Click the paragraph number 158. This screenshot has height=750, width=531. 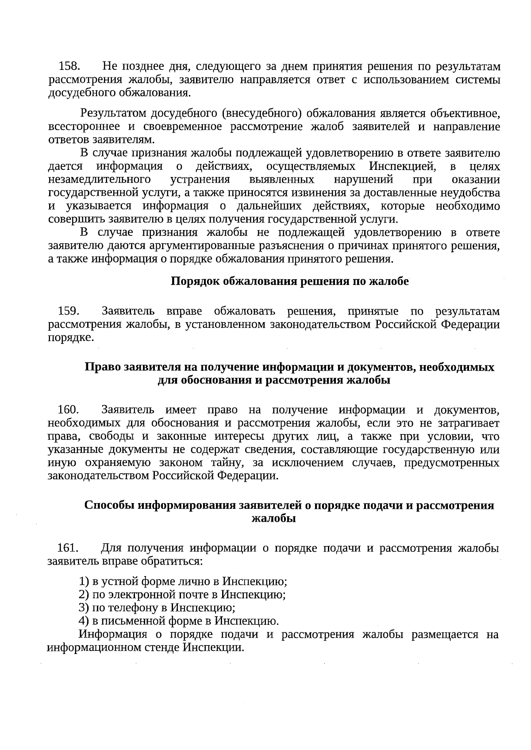click(x=69, y=67)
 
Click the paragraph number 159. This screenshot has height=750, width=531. click(x=69, y=311)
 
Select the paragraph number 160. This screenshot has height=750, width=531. click(x=69, y=410)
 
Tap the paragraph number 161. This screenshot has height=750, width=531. click(x=68, y=548)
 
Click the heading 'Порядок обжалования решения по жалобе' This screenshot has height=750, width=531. click(x=290, y=282)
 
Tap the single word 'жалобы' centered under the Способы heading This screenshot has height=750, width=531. click(x=273, y=519)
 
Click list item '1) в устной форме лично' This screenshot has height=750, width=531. click(x=183, y=581)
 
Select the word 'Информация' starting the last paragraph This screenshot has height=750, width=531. click(x=113, y=635)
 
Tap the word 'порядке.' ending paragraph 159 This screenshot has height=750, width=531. click(x=71, y=338)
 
